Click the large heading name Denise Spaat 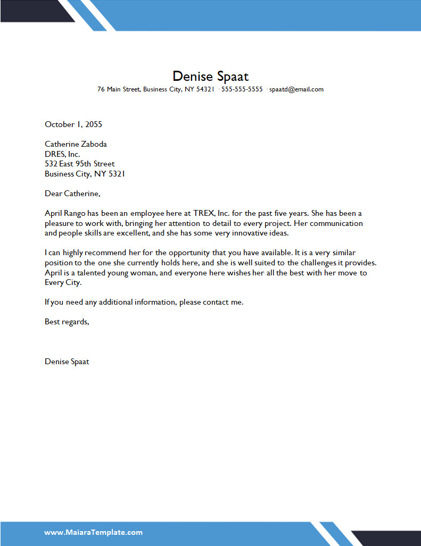[210, 76]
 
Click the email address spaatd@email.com [296, 89]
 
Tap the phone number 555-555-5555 [242, 89]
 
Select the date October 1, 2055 [73, 124]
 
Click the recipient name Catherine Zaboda [76, 144]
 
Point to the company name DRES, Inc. [62, 154]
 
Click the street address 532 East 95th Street [80, 164]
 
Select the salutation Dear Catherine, [72, 194]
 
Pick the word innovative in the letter [254, 233]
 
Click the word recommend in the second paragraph [104, 253]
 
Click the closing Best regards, [67, 322]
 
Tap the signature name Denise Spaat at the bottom [67, 362]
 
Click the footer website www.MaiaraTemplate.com [93, 532]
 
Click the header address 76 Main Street [119, 89]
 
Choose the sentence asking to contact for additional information [144, 302]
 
